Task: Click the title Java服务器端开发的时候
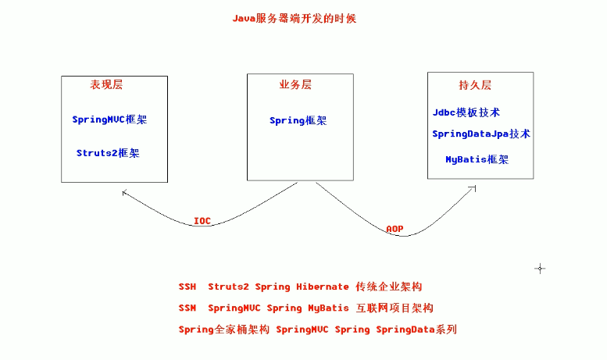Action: tap(294, 18)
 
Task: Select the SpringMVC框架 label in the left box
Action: tap(109, 119)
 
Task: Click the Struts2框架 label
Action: tap(108, 153)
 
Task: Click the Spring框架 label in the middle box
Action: tap(298, 120)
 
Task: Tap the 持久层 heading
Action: tap(475, 85)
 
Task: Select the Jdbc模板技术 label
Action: tap(466, 112)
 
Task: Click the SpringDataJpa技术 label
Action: tap(480, 134)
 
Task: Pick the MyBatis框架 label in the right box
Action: tap(477, 159)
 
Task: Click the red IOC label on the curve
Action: tap(202, 221)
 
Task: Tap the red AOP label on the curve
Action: tap(395, 229)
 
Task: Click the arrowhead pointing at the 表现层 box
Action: tap(125, 191)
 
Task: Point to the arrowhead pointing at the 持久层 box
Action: tap(473, 187)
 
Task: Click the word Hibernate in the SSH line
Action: tap(322, 287)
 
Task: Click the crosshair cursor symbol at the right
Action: tap(539, 269)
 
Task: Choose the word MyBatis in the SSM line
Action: tap(322, 308)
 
